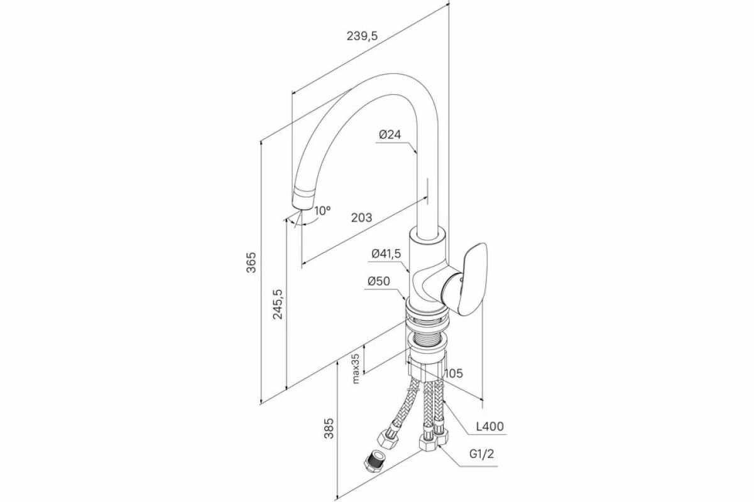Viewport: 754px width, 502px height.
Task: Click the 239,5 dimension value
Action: click(362, 36)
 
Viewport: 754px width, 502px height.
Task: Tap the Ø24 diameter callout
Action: click(390, 134)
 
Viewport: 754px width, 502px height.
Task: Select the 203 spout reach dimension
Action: click(361, 218)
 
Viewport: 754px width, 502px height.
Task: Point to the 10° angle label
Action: click(322, 211)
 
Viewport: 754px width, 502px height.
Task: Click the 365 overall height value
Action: click(251, 263)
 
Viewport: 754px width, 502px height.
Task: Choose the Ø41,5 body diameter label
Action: click(385, 254)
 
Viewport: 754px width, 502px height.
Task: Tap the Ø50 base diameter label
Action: click(380, 282)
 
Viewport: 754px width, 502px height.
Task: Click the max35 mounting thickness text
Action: click(355, 368)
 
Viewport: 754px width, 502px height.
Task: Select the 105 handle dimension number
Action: click(453, 373)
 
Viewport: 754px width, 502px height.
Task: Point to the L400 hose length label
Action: click(489, 427)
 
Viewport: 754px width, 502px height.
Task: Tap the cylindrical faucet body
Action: click(427, 264)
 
